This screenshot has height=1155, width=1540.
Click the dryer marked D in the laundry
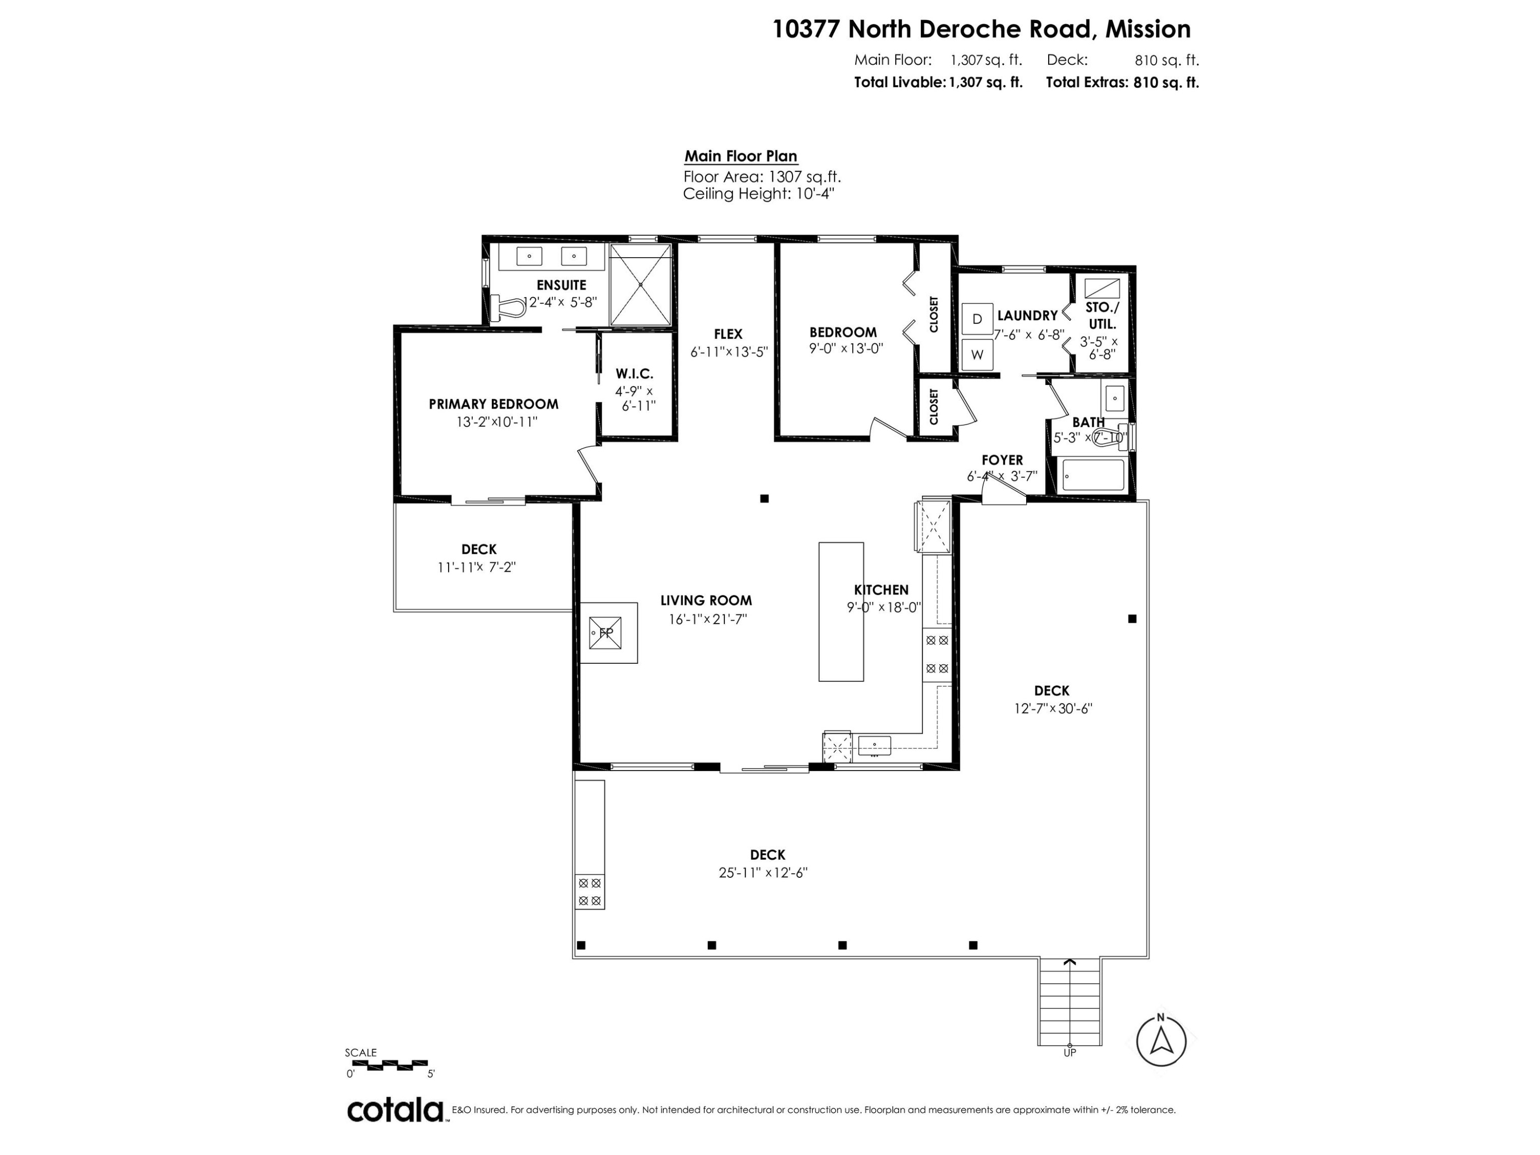(977, 319)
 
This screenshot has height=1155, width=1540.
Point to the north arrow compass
(1161, 1042)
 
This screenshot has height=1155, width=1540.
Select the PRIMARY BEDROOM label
(494, 404)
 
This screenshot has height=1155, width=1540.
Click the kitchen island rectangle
(841, 612)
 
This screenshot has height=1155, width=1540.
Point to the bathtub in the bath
(1093, 475)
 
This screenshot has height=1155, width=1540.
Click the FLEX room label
(728, 334)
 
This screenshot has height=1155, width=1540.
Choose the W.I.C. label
(634, 374)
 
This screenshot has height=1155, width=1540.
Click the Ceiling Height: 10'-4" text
(759, 194)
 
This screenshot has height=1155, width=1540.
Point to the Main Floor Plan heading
(741, 156)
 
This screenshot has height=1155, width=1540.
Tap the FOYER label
(1003, 460)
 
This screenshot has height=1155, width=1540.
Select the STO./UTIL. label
(1103, 315)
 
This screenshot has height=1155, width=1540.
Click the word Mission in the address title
(1149, 29)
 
